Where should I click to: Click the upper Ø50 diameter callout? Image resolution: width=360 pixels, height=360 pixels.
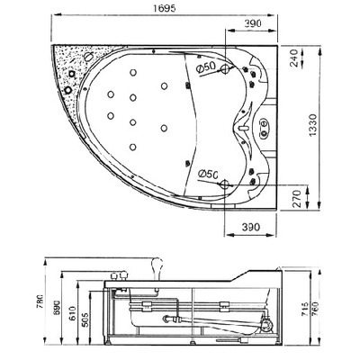click(x=205, y=67)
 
